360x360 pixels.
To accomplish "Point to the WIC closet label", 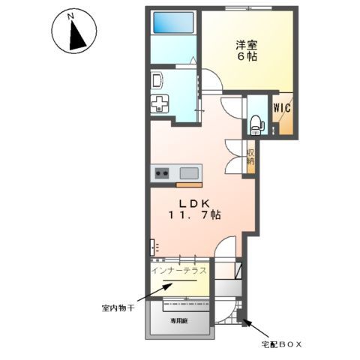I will [x=282, y=107].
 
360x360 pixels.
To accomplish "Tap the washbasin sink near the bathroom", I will [x=157, y=80].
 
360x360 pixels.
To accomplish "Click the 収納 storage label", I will [x=250, y=156].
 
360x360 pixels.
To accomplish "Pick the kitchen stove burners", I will [x=162, y=174].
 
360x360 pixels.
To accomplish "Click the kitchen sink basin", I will [x=188, y=174].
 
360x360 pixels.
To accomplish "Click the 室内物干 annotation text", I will [x=118, y=308].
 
